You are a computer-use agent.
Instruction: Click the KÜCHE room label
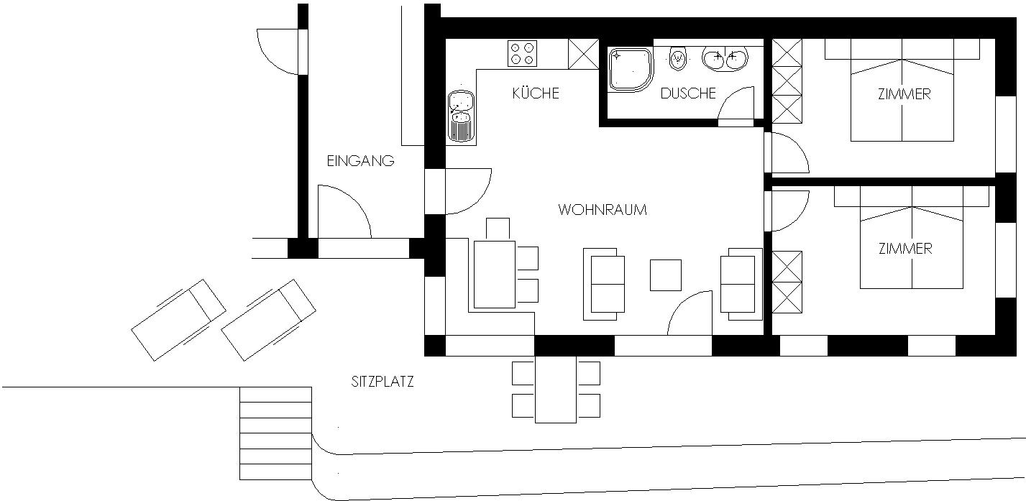coord(536,93)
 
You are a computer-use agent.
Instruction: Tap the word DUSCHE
coord(688,93)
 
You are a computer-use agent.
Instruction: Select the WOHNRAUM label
coord(603,210)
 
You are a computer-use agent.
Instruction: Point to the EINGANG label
coord(360,161)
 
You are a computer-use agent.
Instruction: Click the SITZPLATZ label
coord(383,382)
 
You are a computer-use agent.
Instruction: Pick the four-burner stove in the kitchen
coord(522,54)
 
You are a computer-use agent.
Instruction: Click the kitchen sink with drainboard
coord(462,116)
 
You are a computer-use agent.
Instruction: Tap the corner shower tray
coord(631,70)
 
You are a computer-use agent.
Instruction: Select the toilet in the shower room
coord(678,58)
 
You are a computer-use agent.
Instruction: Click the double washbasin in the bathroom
coord(725,59)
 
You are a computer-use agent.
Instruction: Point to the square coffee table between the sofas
coord(666,275)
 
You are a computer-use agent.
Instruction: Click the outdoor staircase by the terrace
coord(276,433)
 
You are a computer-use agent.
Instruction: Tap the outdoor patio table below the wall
coord(556,390)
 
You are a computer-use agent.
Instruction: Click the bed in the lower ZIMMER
coord(912,237)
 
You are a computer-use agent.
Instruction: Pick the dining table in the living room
coord(495,275)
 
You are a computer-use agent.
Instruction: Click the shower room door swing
coord(736,102)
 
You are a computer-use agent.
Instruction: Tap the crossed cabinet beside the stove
coord(584,54)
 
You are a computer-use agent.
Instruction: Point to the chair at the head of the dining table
coord(498,229)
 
